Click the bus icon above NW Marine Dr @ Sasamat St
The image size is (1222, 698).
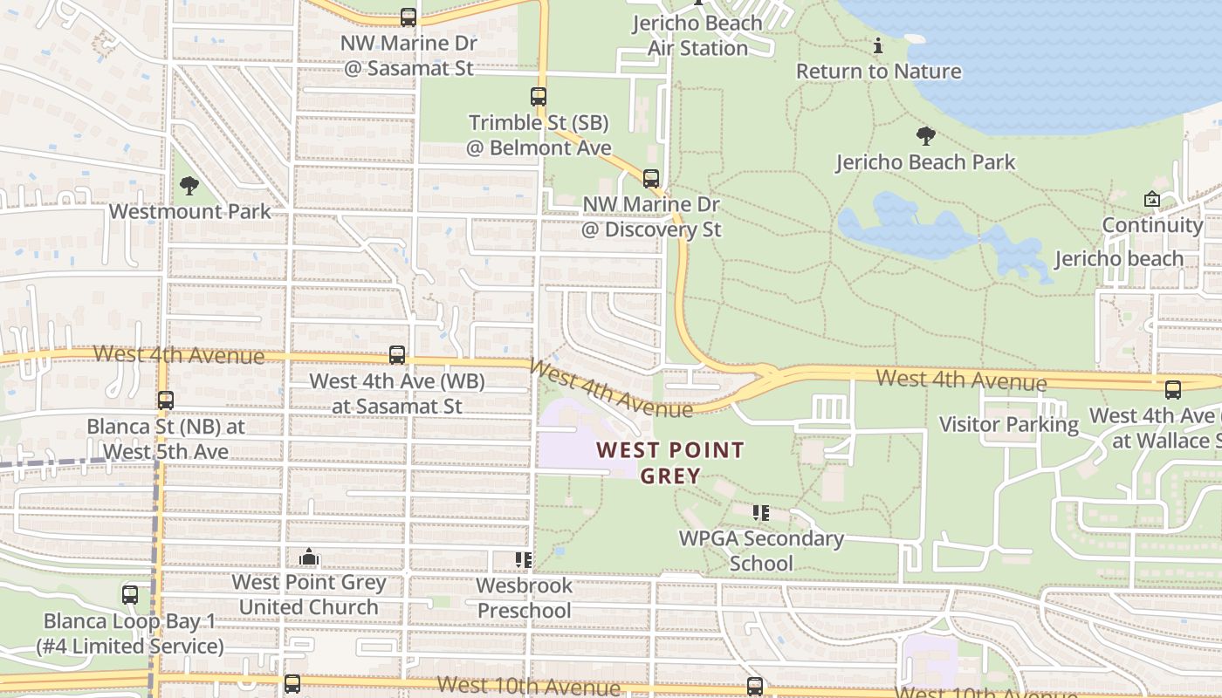pyautogui.click(x=408, y=17)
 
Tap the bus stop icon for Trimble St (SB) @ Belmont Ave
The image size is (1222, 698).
pyautogui.click(x=539, y=97)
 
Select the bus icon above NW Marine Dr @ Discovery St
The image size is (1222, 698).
pyautogui.click(x=651, y=179)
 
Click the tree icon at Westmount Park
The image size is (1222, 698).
pyautogui.click(x=189, y=186)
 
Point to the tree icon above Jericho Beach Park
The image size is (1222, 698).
pyautogui.click(x=926, y=136)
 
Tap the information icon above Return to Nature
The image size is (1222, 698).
pyautogui.click(x=878, y=45)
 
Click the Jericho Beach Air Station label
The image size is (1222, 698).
pyautogui.click(x=697, y=36)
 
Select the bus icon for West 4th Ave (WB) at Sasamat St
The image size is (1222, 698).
pyautogui.click(x=397, y=355)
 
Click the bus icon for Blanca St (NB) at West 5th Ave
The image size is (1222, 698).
pyautogui.click(x=166, y=400)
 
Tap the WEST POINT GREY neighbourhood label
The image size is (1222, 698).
pyautogui.click(x=670, y=463)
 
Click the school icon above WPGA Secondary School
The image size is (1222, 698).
pyautogui.click(x=761, y=513)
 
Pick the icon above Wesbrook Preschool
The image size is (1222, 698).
pyautogui.click(x=524, y=560)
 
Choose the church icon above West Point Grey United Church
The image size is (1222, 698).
pyautogui.click(x=308, y=557)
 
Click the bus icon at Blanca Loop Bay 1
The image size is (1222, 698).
pyautogui.click(x=130, y=595)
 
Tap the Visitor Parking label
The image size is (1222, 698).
pyautogui.click(x=1008, y=425)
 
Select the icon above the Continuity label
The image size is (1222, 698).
pyautogui.click(x=1152, y=200)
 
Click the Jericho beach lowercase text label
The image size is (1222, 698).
pyautogui.click(x=1119, y=259)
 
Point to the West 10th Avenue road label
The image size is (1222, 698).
pyautogui.click(x=528, y=687)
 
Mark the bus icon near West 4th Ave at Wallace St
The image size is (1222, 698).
pyautogui.click(x=1173, y=390)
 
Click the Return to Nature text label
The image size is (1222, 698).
pyautogui.click(x=878, y=72)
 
